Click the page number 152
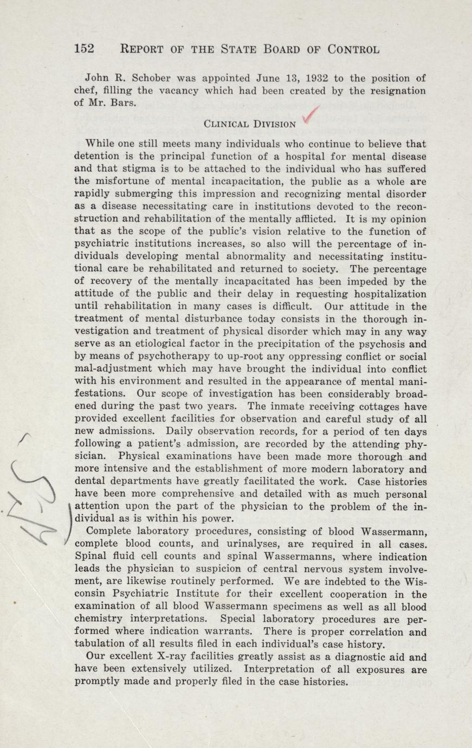tap(84, 49)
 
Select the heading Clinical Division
tap(250, 124)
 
